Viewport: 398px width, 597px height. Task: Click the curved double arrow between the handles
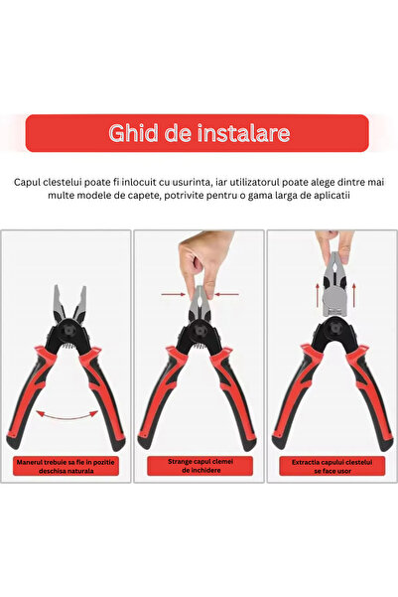point(66,415)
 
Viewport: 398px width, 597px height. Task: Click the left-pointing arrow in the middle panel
point(227,294)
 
